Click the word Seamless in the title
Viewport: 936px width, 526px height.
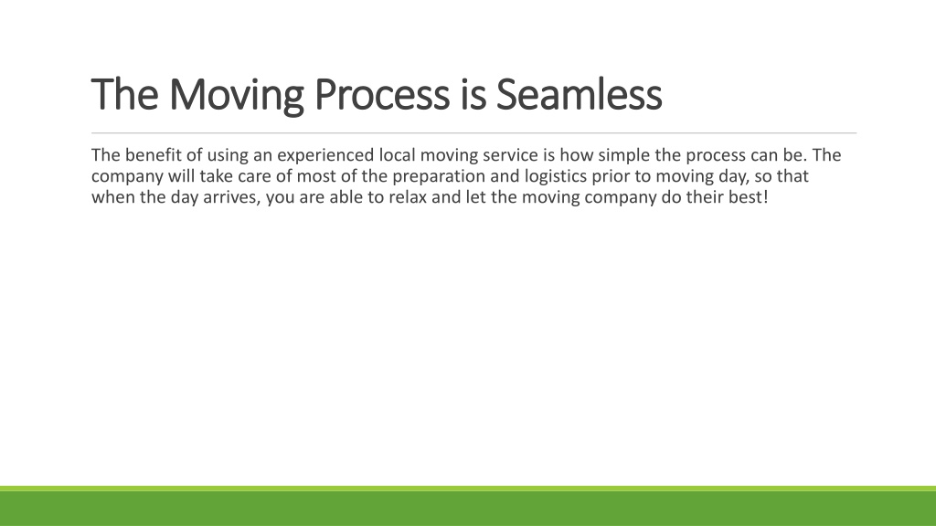[579, 94]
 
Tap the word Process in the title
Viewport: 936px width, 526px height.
[381, 95]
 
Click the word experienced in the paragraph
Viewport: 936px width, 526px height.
[325, 156]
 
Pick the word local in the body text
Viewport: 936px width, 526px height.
[397, 155]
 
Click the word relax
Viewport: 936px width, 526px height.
[408, 197]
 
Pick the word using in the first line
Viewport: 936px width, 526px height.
[228, 156]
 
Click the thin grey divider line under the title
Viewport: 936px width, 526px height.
[474, 133]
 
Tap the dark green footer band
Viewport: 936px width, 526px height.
[468, 509]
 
